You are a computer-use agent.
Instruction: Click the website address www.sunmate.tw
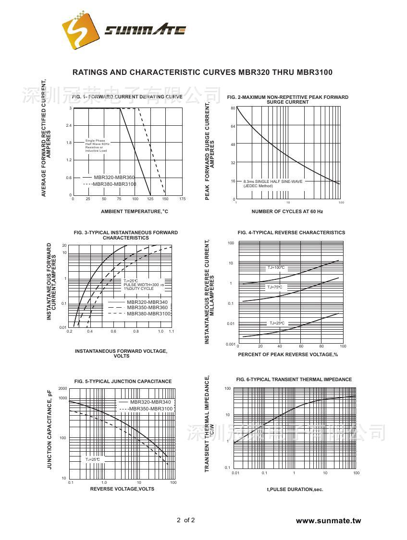pyautogui.click(x=328, y=521)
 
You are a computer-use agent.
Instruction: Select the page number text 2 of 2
pyautogui.click(x=186, y=520)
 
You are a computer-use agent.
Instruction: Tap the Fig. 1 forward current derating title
pyautogui.click(x=127, y=96)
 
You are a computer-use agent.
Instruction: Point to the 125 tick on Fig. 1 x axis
pyautogui.click(x=150, y=199)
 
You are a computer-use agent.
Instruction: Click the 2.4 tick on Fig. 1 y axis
pyautogui.click(x=69, y=125)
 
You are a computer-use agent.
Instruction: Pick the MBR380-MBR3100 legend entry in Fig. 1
pyautogui.click(x=114, y=184)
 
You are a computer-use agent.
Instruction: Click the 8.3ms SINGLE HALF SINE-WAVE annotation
pyautogui.click(x=273, y=181)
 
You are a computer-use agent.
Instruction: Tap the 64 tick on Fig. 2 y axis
pyautogui.click(x=233, y=126)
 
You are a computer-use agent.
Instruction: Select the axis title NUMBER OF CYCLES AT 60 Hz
pyautogui.click(x=287, y=212)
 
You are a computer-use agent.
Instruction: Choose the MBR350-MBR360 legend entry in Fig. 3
pyautogui.click(x=147, y=307)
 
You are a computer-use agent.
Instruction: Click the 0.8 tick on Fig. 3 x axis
pyautogui.click(x=136, y=332)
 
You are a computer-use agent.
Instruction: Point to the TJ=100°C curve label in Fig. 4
pyautogui.click(x=276, y=267)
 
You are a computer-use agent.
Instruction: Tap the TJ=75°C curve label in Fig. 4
pyautogui.click(x=275, y=288)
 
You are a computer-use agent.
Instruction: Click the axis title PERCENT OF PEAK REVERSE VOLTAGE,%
pyautogui.click(x=288, y=355)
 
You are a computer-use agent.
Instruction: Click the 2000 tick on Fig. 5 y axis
pyautogui.click(x=62, y=388)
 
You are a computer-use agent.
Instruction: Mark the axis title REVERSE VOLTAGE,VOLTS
pyautogui.click(x=122, y=489)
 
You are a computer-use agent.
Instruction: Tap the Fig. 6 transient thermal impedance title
pyautogui.click(x=294, y=380)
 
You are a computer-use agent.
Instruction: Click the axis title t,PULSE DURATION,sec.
pyautogui.click(x=295, y=490)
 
